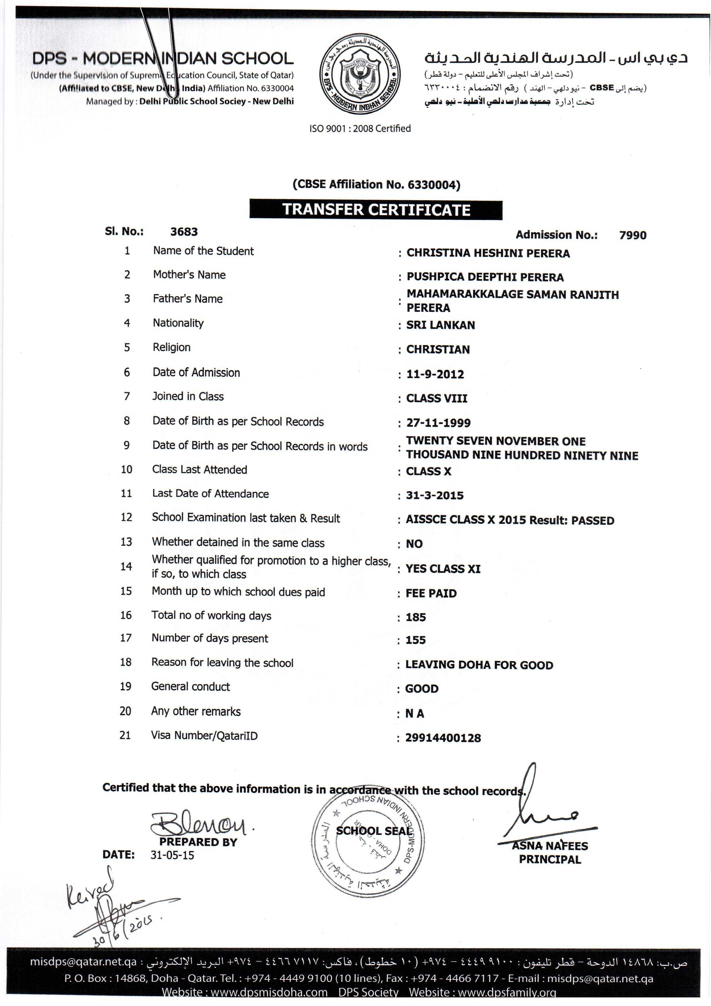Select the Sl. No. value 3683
(184, 232)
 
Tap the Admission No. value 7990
(632, 235)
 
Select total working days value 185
(416, 617)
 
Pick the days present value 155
(416, 640)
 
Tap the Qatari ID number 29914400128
(443, 738)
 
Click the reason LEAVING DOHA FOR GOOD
(479, 665)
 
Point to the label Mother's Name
(189, 275)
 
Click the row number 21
(125, 735)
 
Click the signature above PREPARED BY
(199, 824)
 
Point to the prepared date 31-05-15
(172, 855)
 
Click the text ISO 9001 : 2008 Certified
(360, 129)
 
